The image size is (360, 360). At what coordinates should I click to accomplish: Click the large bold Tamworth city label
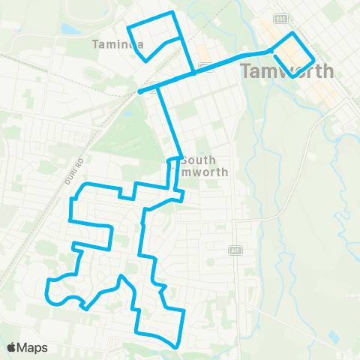[x=287, y=72]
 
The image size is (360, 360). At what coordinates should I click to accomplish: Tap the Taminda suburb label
[x=117, y=44]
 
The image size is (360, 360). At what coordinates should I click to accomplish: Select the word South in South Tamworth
[x=198, y=160]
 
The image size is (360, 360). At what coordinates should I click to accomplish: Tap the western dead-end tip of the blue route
[x=140, y=92]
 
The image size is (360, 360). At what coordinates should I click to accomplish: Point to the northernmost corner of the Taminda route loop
[x=173, y=13]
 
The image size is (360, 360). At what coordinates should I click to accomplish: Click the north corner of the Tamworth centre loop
[x=293, y=34]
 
